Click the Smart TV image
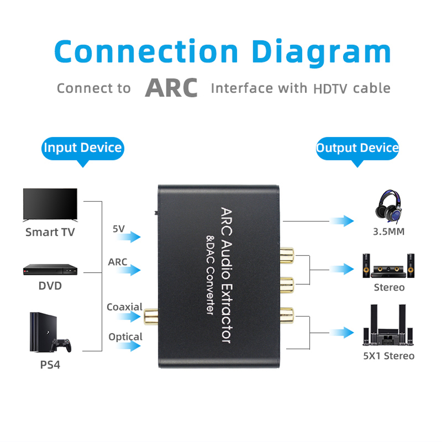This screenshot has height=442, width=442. [x=50, y=205]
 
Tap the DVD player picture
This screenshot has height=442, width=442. [x=50, y=270]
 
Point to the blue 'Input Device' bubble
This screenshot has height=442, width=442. [x=83, y=149]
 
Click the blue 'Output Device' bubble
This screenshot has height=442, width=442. [x=357, y=149]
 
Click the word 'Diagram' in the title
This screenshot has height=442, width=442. [x=321, y=52]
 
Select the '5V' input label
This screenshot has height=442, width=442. [x=118, y=229]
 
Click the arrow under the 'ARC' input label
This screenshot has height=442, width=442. [x=128, y=270]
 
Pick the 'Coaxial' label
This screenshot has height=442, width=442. [x=125, y=307]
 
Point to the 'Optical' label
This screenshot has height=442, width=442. [x=126, y=337]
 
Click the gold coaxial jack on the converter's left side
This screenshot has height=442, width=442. [x=151, y=317]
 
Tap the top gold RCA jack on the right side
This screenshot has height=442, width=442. [x=287, y=255]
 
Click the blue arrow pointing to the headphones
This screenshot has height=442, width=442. [x=342, y=221]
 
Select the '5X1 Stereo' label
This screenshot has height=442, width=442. [x=389, y=356]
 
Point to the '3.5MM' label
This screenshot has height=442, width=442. [x=389, y=232]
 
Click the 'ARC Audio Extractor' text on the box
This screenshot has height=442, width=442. [x=226, y=275]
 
